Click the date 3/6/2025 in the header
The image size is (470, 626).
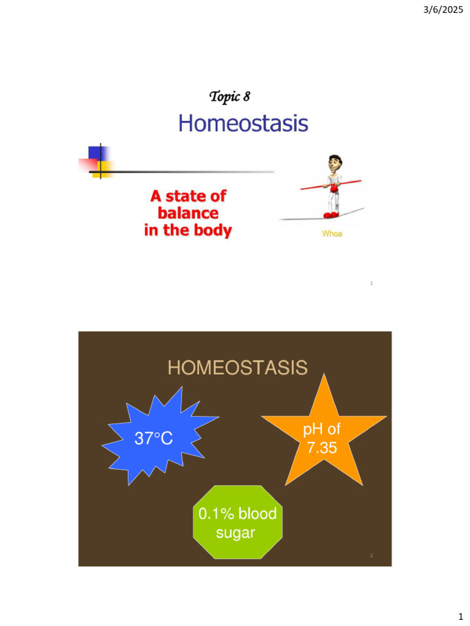click(x=444, y=9)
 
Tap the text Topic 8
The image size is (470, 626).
click(x=229, y=96)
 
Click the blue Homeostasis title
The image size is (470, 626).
click(x=243, y=124)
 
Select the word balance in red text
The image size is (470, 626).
click(x=188, y=213)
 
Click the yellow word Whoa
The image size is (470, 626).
click(x=332, y=234)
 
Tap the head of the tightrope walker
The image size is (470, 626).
click(x=334, y=164)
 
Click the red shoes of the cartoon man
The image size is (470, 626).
click(x=331, y=215)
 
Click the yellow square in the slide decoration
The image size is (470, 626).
click(x=105, y=169)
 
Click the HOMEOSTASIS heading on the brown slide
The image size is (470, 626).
click(x=237, y=368)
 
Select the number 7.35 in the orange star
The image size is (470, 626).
click(x=322, y=448)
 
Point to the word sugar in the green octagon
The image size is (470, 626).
click(x=236, y=532)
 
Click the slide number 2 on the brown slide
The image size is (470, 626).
click(x=371, y=556)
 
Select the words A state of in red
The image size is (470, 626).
click(x=188, y=196)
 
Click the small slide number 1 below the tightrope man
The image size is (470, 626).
click(x=372, y=284)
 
